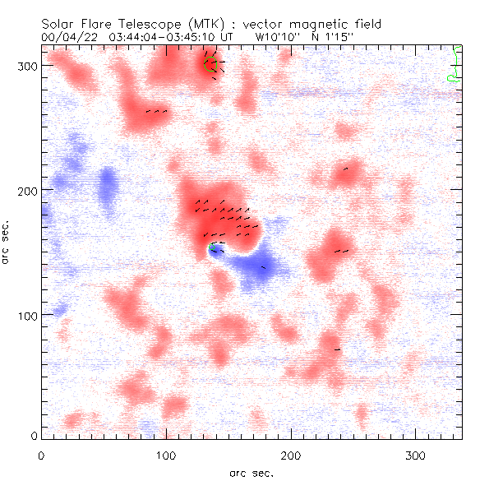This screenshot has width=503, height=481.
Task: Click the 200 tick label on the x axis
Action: [x=291, y=456]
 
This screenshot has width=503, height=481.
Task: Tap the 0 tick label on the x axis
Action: [x=41, y=456]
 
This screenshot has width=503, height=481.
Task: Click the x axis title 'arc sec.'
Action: [x=252, y=472]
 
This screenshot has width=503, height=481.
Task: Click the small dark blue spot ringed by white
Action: [x=215, y=251]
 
